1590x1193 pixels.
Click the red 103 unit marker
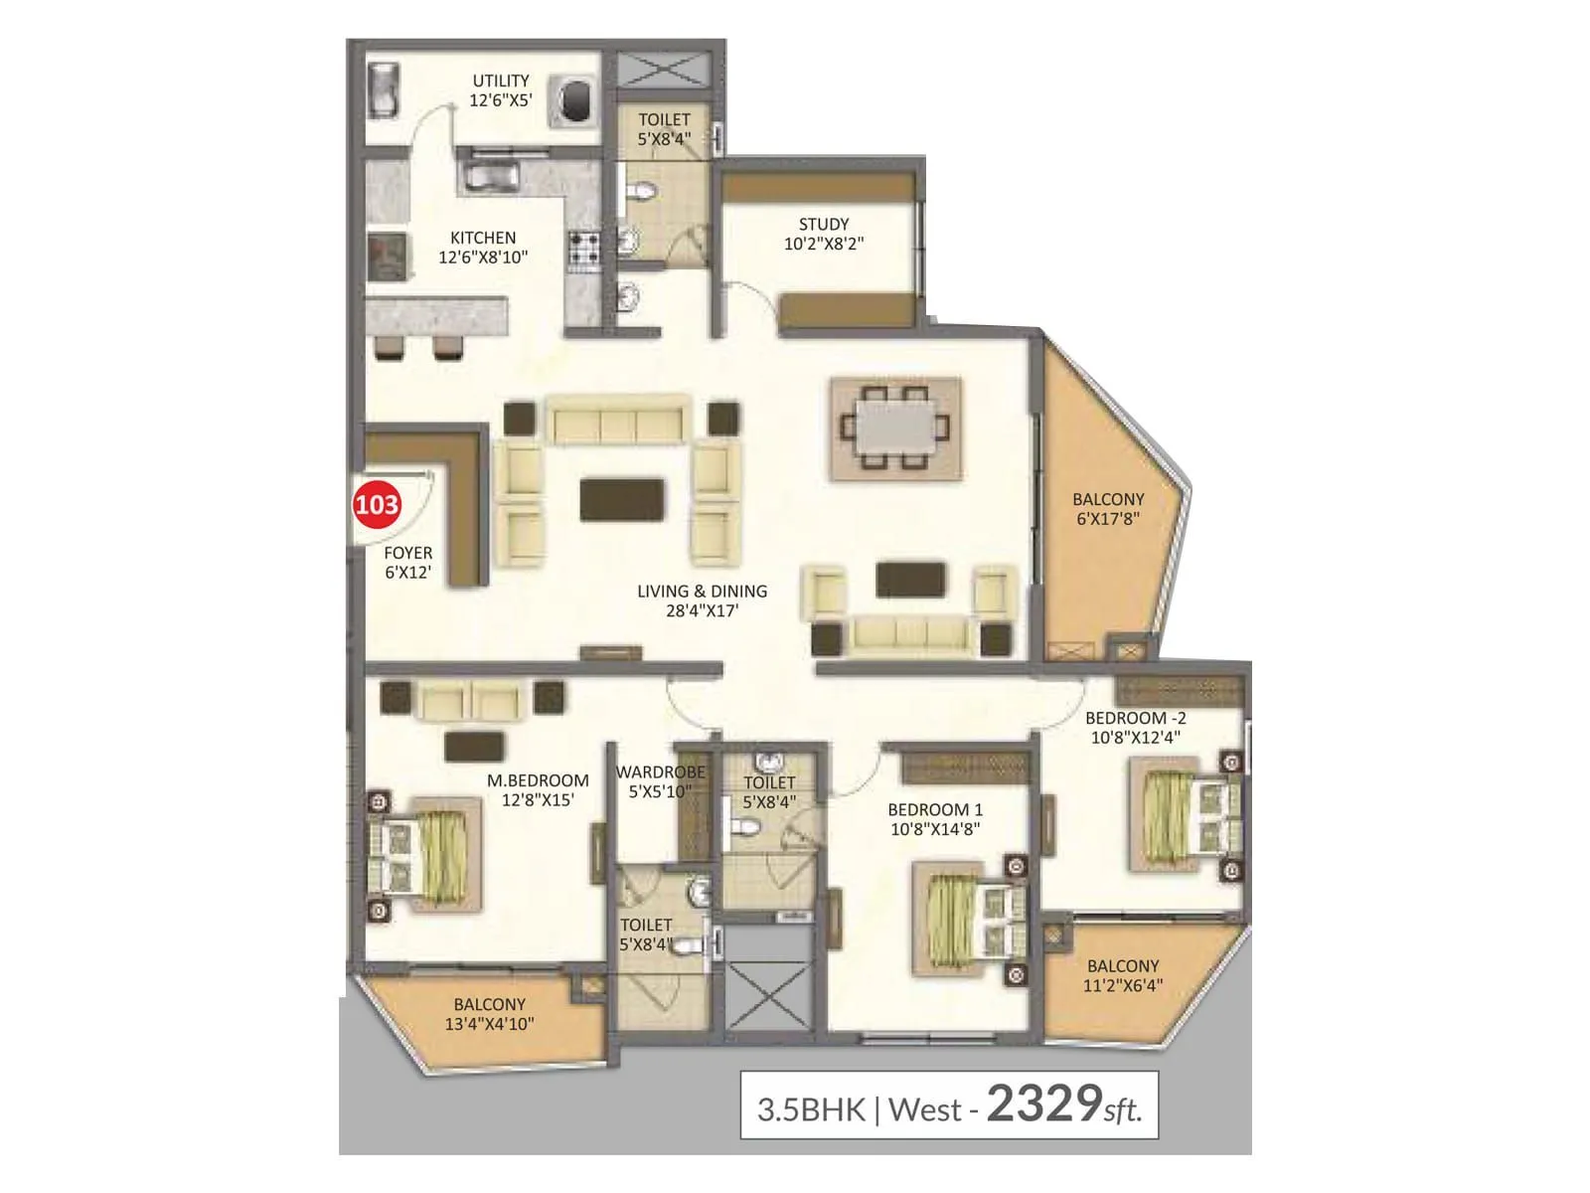tap(377, 505)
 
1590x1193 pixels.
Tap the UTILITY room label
tap(501, 90)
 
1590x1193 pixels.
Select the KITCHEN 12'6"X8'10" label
tap(483, 247)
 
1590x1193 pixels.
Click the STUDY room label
tap(824, 234)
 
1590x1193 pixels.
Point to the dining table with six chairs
tap(895, 428)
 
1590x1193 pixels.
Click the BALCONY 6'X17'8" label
tap(1108, 509)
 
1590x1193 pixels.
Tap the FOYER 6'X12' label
tap(407, 562)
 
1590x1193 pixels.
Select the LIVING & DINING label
tap(702, 600)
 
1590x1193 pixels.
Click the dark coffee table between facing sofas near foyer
tap(622, 499)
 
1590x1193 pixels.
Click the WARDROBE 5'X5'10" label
tap(660, 781)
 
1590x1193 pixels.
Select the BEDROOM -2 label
tap(1135, 728)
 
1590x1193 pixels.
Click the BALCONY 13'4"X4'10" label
tap(489, 1014)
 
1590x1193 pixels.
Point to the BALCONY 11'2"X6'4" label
tap(1123, 975)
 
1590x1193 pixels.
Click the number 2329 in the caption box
tap(1043, 1104)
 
